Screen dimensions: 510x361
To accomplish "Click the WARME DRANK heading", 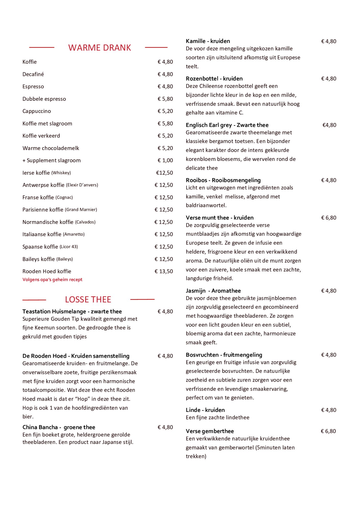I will point(99,48).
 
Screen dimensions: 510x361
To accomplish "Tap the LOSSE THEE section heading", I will point(88,299).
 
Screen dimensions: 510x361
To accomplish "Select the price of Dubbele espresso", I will point(165,99).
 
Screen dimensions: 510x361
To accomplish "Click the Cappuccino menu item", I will point(37,111).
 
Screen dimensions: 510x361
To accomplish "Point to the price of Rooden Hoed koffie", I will point(164,271).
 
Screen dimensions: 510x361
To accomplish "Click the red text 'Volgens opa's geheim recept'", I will point(52,279).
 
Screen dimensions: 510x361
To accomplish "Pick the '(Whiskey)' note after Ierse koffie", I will point(61,173).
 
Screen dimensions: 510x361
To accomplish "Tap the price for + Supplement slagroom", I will point(165,160).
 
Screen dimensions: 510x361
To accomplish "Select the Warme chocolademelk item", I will point(51,148).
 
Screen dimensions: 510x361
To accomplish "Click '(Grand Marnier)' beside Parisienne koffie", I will point(81,210).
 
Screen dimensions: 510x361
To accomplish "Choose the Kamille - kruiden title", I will point(208,41).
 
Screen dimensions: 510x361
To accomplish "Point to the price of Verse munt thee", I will point(329,218).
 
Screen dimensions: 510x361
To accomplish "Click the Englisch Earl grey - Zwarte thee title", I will point(227,125).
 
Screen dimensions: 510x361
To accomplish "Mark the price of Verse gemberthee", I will point(328,431).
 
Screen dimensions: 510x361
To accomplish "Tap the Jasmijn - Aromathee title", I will point(213,291).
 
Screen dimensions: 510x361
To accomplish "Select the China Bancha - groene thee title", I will point(59,427).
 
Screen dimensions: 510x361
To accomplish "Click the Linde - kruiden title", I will point(205,410).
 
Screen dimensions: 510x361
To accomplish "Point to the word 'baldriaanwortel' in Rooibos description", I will point(206,205).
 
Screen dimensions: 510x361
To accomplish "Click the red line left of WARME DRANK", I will point(42,47).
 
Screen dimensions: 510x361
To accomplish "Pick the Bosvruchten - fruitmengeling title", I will point(224,355).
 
